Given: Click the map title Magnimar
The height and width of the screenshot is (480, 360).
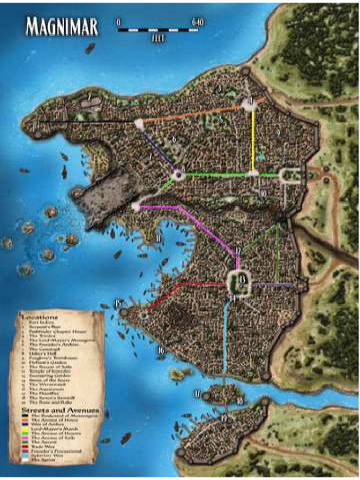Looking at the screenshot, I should pyautogui.click(x=62, y=27).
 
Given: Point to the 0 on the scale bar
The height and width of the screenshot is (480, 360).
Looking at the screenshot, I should pyautogui.click(x=118, y=22).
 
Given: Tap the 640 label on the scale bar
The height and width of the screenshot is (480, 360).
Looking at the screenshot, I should pyautogui.click(x=198, y=22).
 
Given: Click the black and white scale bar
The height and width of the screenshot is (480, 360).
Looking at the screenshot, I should pyautogui.click(x=158, y=30).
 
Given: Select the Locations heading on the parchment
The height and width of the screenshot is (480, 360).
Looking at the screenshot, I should pyautogui.click(x=39, y=317).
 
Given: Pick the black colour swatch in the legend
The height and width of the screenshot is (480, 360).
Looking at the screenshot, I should pyautogui.click(x=25, y=416).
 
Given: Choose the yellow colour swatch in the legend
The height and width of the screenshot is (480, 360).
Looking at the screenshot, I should pyautogui.click(x=25, y=428).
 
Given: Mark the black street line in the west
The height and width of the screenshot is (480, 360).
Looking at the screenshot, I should pyautogui.click(x=84, y=122).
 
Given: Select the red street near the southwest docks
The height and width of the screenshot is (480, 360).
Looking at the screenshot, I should pyautogui.click(x=164, y=295).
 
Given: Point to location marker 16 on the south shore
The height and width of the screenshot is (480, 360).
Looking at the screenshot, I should pyautogui.click(x=161, y=350).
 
